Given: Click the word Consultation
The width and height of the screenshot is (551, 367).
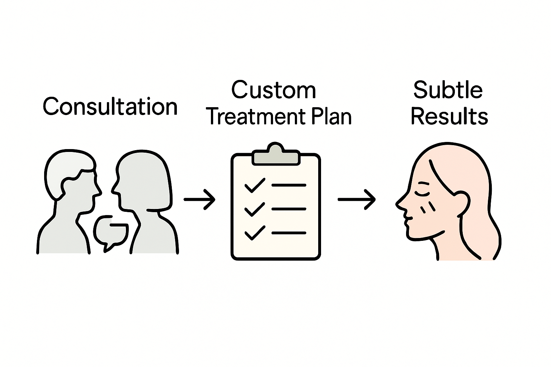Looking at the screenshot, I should tap(110, 106).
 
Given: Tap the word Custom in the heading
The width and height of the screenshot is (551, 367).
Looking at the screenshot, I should tap(273, 90).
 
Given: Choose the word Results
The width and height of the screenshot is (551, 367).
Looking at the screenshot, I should tap(449, 116).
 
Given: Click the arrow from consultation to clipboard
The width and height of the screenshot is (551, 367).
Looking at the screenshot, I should tap(199, 199).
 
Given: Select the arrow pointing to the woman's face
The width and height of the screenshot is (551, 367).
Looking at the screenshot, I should tap(357, 199).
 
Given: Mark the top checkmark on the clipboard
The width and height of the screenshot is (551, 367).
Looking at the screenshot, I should tap(254, 186).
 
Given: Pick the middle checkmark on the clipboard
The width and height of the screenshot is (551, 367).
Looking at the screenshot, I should tap(254, 209).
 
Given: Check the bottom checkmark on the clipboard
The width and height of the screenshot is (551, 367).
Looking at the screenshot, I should tap(254, 233).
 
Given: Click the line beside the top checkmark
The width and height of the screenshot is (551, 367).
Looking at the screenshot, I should tap(289, 185).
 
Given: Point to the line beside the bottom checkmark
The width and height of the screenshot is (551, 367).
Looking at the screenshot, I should tap(289, 233).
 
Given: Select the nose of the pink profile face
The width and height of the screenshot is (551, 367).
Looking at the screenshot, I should tap(400, 203).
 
